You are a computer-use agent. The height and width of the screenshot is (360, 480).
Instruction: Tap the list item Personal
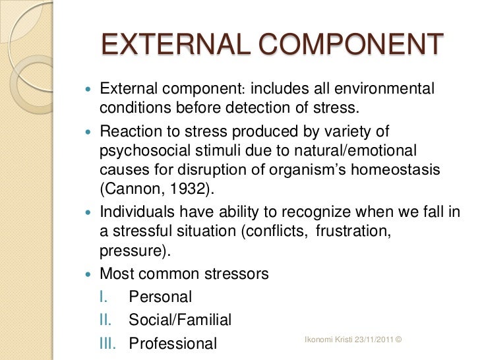coord(160,297)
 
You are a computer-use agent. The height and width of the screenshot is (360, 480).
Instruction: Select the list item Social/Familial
coord(180,320)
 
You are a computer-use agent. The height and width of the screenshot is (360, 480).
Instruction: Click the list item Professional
coord(173,344)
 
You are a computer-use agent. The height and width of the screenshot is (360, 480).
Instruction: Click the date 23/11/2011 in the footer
coord(369,340)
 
